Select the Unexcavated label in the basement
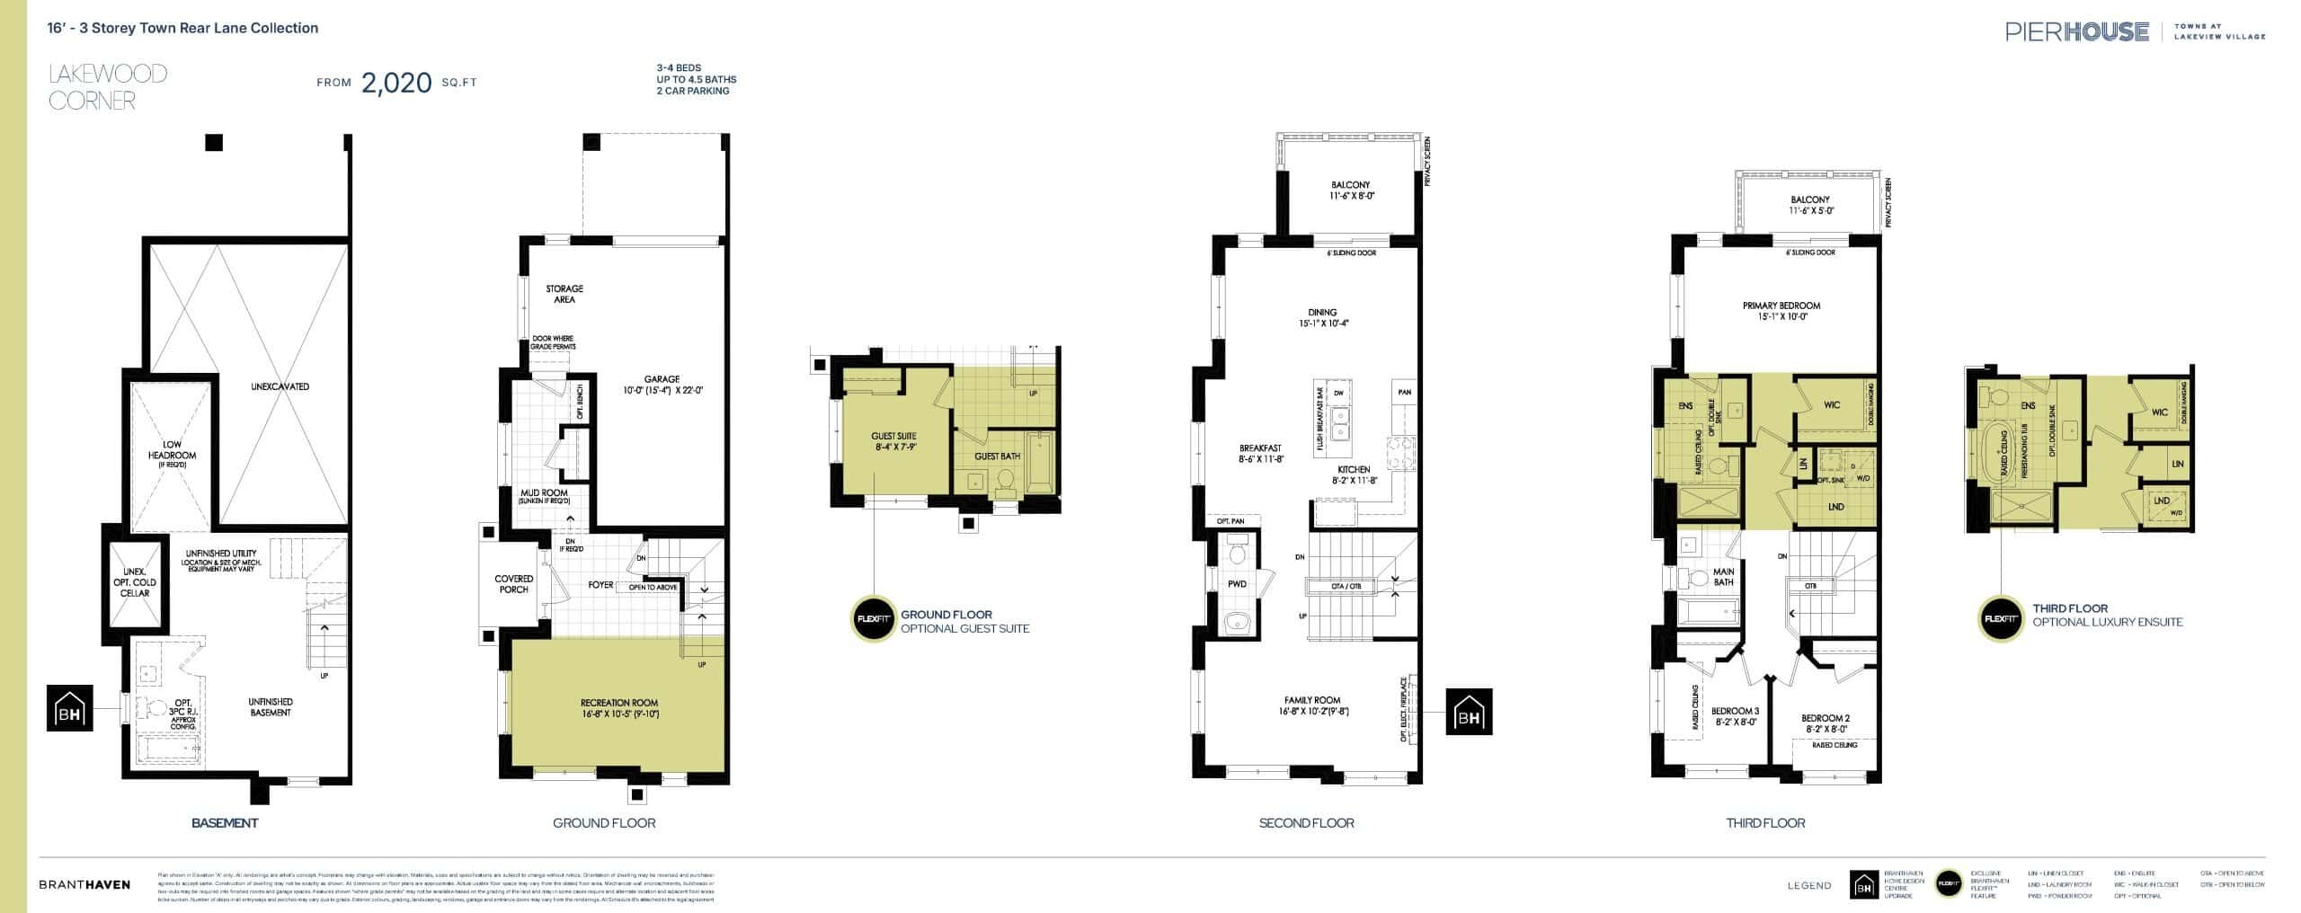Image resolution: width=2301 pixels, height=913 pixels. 280,387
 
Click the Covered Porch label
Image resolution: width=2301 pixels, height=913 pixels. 514,584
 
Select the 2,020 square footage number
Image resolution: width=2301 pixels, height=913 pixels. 396,83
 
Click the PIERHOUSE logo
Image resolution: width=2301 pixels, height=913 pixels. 2076,32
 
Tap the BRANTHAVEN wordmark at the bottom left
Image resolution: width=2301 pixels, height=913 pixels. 84,885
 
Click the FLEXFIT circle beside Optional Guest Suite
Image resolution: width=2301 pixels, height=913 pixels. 872,620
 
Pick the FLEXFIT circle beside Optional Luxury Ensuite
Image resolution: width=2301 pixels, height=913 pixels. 2001,619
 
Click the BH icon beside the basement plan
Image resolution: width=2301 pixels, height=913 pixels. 70,708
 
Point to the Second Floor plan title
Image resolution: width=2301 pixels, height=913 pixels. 1306,823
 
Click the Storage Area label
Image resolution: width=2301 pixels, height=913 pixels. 564,294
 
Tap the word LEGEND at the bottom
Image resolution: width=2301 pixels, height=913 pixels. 1809,886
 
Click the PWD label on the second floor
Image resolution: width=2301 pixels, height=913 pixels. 1237,584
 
